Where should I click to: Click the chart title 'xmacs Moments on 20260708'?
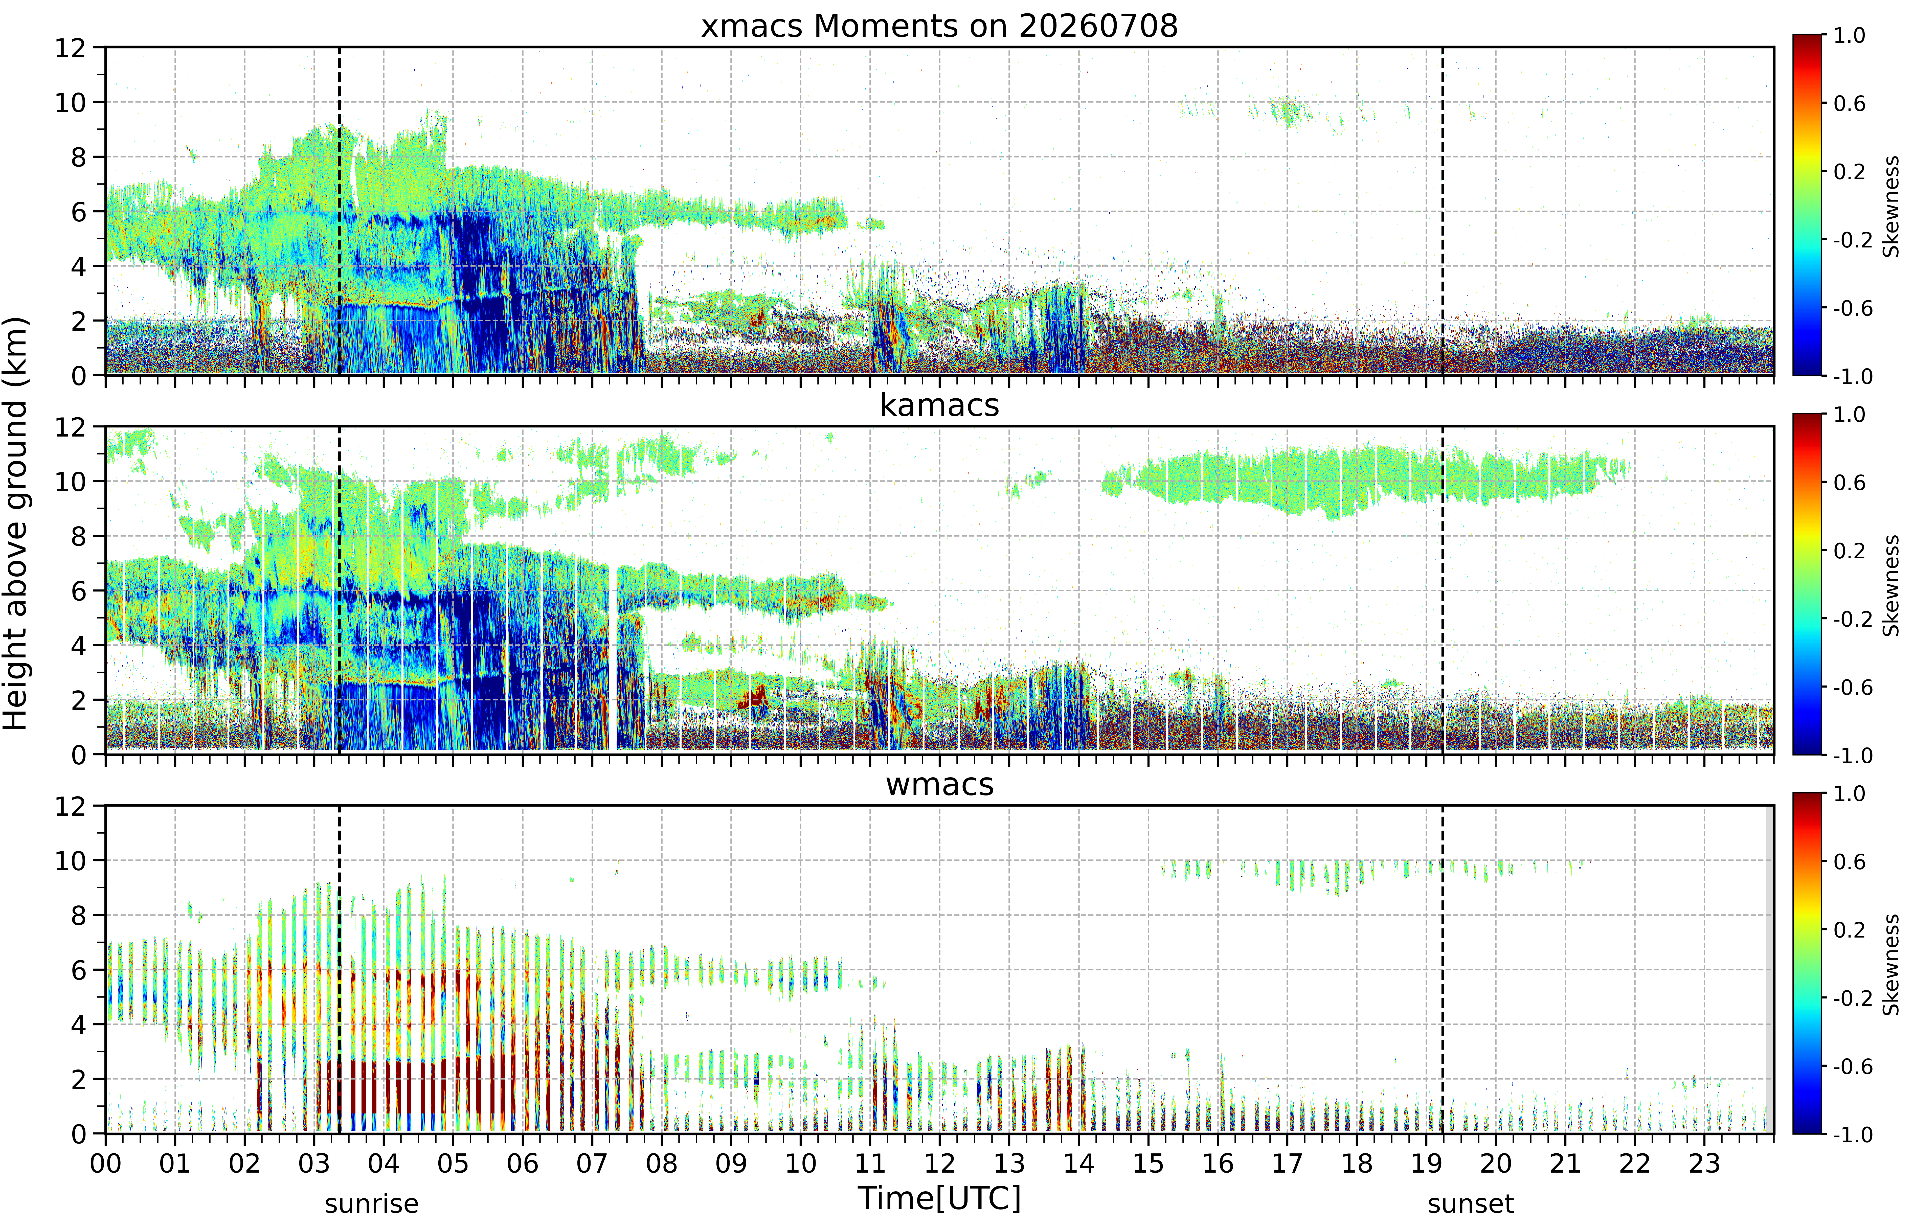pyautogui.click(x=939, y=26)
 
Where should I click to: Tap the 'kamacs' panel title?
pyautogui.click(x=939, y=405)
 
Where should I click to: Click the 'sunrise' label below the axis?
pyautogui.click(x=372, y=1204)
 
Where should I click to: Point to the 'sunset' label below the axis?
pyautogui.click(x=1470, y=1204)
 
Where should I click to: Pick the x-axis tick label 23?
pyautogui.click(x=1704, y=1163)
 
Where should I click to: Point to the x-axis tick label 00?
pyautogui.click(x=105, y=1163)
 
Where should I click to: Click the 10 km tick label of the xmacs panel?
pyautogui.click(x=70, y=102)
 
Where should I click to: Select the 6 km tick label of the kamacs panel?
pyautogui.click(x=78, y=591)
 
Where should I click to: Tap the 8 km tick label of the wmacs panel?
pyautogui.click(x=78, y=915)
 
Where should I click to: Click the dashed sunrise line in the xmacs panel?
pyautogui.click(x=340, y=211)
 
